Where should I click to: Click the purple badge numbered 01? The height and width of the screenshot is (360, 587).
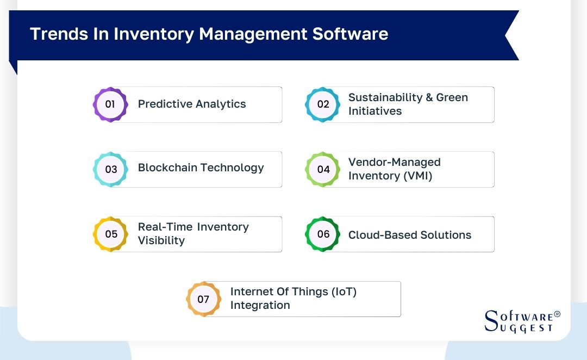(x=110, y=104)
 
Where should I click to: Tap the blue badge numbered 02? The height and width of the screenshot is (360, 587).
(x=323, y=104)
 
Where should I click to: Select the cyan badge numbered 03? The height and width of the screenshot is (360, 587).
(x=110, y=169)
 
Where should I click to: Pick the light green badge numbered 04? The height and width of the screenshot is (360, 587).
(x=323, y=169)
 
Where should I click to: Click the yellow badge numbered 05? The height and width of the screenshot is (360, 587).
(x=110, y=234)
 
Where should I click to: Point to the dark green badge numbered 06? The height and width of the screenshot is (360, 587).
(x=323, y=234)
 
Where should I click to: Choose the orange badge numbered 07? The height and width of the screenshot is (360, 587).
(x=203, y=299)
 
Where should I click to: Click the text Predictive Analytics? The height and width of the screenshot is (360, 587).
(x=192, y=104)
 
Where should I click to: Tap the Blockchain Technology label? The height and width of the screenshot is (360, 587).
(x=201, y=167)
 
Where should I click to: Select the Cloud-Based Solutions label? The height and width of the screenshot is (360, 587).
(x=409, y=235)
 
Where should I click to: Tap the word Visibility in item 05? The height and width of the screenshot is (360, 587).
(x=161, y=240)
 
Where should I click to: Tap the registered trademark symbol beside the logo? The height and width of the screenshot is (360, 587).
(x=557, y=314)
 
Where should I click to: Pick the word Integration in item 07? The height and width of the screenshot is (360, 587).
(x=260, y=305)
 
